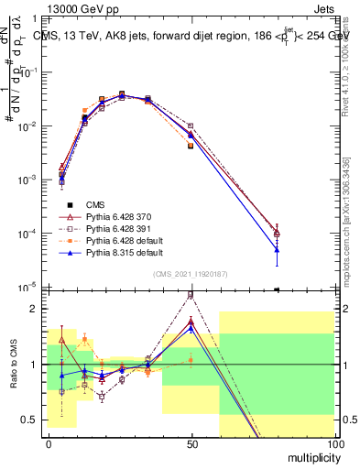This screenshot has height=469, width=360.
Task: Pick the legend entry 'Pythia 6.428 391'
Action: pyautogui.click(x=115, y=227)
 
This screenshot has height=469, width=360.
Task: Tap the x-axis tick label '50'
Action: pyautogui.click(x=191, y=442)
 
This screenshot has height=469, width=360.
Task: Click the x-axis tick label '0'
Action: pyautogui.click(x=49, y=442)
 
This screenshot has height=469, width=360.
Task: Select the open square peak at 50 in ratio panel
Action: pyautogui.click(x=191, y=295)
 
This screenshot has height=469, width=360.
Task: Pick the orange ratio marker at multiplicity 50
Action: pyautogui.click(x=191, y=360)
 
